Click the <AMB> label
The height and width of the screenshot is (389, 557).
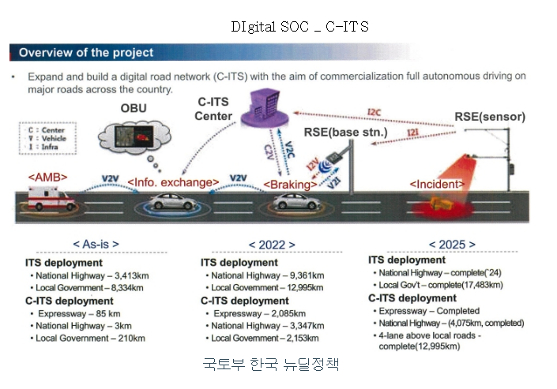[x=48, y=177]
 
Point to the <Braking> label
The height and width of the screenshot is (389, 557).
[x=292, y=184]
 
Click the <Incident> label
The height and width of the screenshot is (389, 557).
[x=437, y=184]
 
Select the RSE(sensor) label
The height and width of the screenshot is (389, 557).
[x=490, y=117]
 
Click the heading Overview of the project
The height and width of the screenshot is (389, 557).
[x=86, y=54]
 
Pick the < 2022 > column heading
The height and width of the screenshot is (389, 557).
[x=271, y=245]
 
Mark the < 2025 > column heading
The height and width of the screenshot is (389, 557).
[x=453, y=245]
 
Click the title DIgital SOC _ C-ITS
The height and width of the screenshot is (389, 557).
[x=299, y=26]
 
